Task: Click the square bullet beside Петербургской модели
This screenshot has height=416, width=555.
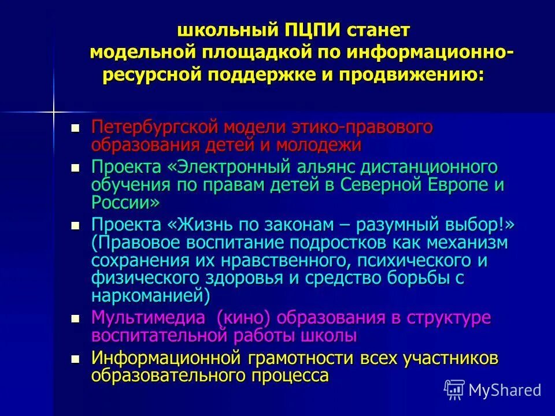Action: [x=75, y=127]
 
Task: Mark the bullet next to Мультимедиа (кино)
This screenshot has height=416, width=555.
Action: [x=75, y=318]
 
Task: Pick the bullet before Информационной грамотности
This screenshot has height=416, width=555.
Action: [x=75, y=359]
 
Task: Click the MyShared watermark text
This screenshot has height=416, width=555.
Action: [x=505, y=390]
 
